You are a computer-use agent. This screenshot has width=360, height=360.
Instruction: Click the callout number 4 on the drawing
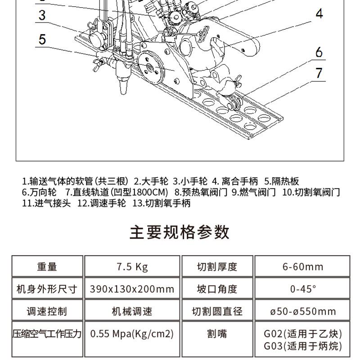coord(319,13)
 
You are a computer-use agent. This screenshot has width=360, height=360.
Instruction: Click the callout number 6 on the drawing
coord(319,52)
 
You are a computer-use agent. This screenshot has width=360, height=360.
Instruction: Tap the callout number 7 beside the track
coord(319,72)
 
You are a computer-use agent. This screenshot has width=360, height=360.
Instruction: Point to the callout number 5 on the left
coord(42,39)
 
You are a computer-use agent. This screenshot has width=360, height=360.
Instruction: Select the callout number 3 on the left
coord(42,15)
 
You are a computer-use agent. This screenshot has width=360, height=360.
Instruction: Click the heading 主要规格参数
coord(180,232)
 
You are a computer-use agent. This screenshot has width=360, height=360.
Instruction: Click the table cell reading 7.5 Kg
coord(132,266)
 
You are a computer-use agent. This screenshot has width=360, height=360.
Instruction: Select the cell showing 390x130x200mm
coord(132,289)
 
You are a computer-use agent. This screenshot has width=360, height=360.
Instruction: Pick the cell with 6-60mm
coord(302,266)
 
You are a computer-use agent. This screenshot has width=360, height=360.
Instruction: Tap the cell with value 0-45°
coord(302,289)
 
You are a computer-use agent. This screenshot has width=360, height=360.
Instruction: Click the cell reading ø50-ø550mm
coord(302,311)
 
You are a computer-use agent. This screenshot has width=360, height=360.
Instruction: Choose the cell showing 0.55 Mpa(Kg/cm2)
coord(132,334)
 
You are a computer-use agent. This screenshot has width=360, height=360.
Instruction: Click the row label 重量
coord(47,266)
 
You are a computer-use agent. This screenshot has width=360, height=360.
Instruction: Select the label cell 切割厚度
coord(217,266)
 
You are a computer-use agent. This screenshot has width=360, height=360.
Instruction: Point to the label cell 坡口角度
coord(217,289)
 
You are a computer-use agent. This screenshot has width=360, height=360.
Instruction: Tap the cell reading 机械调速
coord(132,311)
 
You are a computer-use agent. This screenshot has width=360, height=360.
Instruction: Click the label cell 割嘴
coord(217,334)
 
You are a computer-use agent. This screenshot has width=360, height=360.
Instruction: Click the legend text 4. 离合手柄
coord(235,182)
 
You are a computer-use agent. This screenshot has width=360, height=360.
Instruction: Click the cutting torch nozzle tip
coord(123,89)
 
